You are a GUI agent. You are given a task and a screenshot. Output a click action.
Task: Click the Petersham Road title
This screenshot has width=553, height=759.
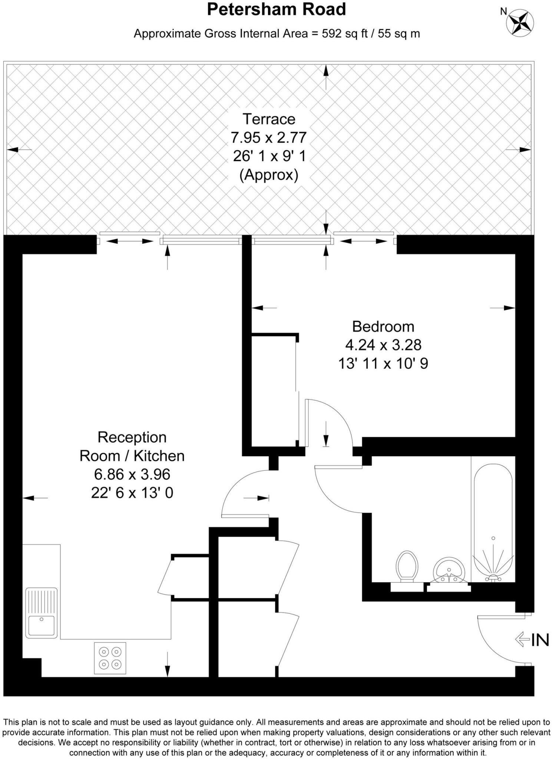coord(276,10)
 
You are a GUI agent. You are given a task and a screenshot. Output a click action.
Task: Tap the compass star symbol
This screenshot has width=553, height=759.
coord(520,22)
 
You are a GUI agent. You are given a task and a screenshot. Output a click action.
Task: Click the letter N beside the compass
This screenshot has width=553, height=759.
coord(503,11)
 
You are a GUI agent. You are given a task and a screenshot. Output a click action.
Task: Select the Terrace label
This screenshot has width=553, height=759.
coord(269,119)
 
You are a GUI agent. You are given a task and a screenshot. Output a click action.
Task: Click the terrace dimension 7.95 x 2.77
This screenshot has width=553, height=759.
coord(269,138)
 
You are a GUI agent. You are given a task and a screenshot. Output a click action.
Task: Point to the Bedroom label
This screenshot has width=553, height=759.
coord(383,327)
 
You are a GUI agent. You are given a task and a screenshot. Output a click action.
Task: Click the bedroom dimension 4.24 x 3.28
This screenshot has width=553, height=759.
coord(383,345)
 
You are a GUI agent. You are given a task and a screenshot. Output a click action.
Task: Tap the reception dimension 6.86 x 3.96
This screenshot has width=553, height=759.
coord(132,474)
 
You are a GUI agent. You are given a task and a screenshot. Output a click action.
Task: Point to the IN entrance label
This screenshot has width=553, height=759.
coord(540,640)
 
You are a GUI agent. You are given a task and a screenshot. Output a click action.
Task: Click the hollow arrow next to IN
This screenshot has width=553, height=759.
coord(522,639)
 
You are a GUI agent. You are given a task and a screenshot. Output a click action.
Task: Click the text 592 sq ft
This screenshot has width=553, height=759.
coord(344,34)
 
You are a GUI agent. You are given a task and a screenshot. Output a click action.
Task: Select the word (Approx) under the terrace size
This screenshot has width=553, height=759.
coord(269,175)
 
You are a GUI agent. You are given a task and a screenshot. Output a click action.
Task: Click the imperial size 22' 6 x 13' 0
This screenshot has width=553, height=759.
coord(132,493)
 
